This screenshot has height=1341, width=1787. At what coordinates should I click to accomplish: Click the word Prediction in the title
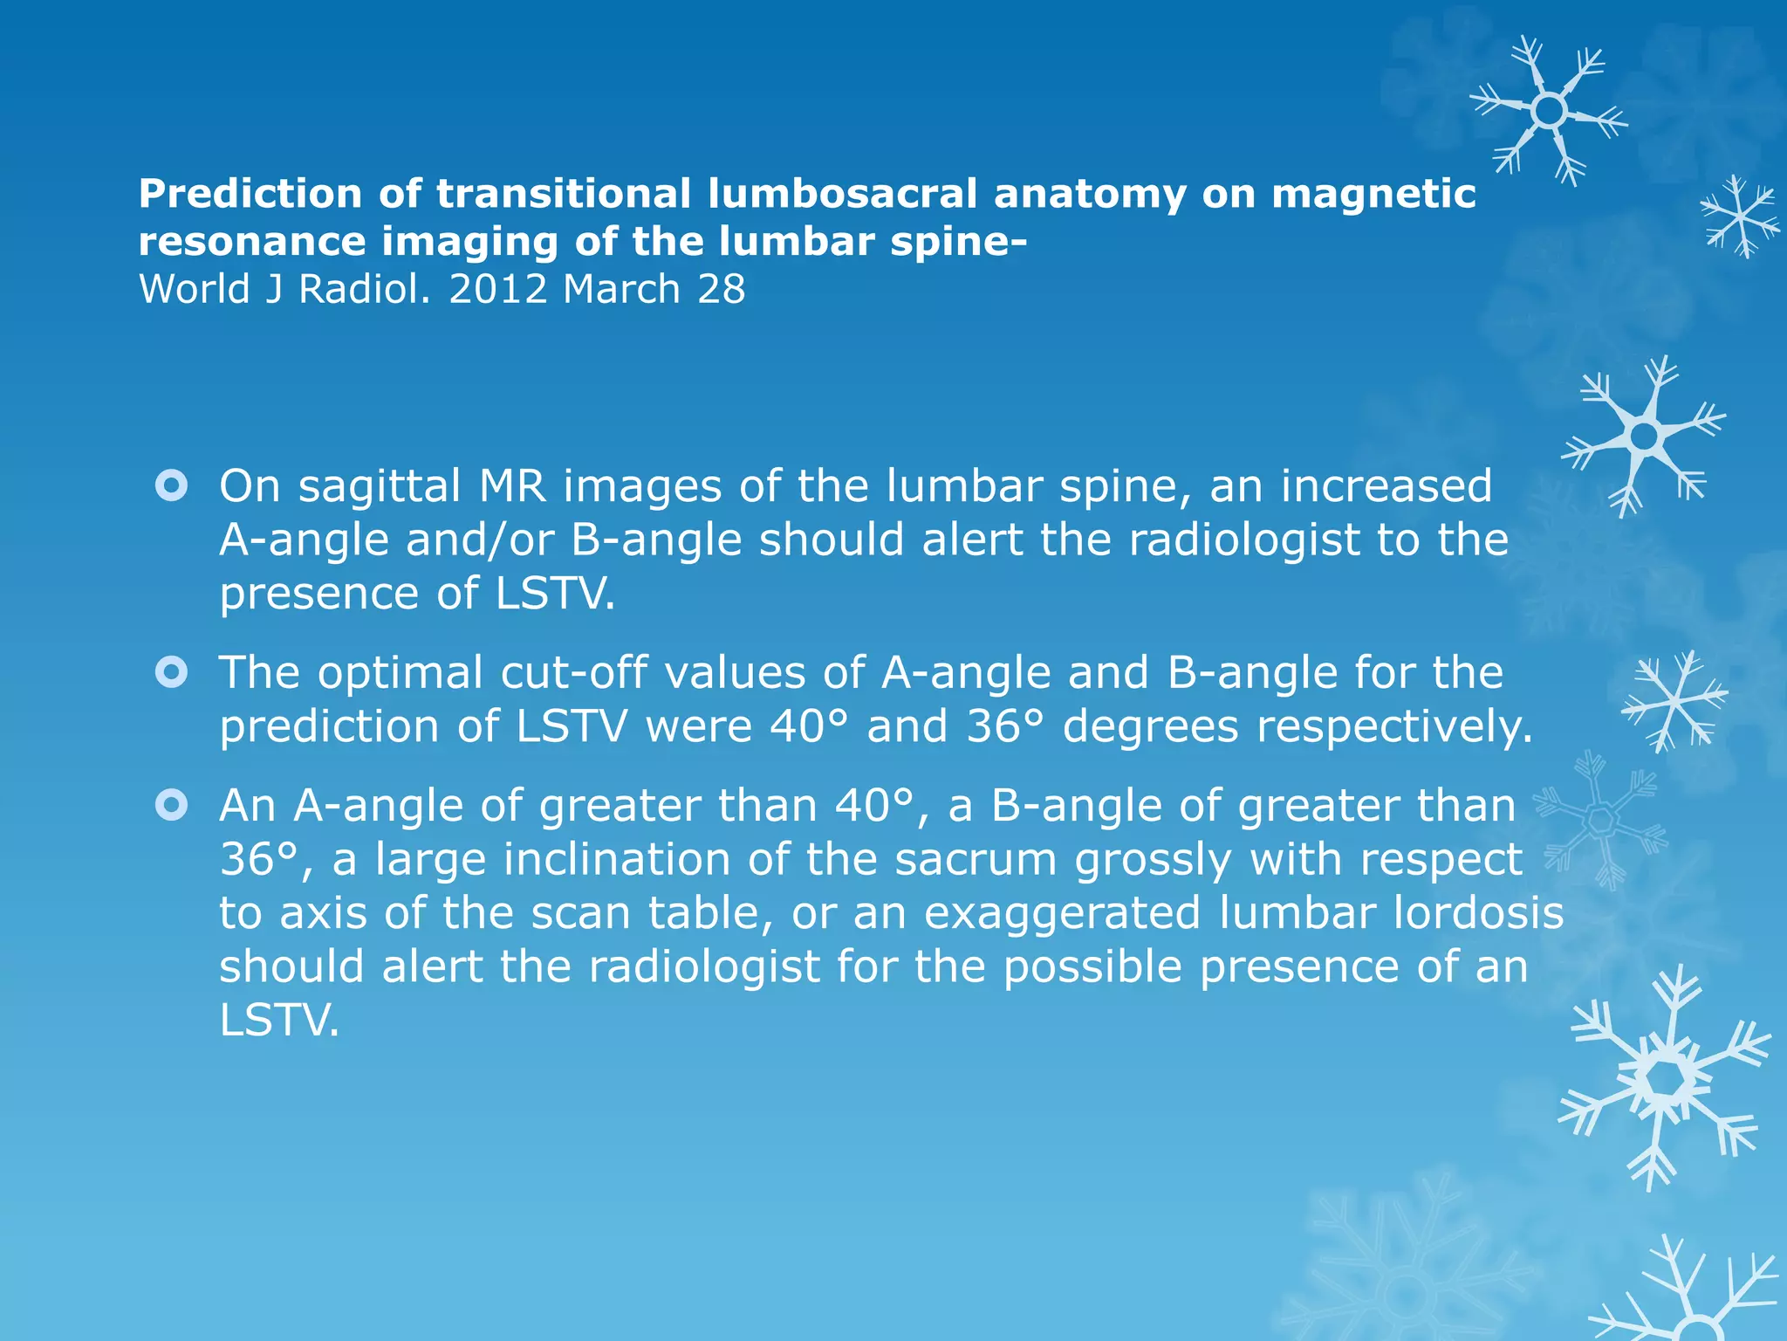point(250,194)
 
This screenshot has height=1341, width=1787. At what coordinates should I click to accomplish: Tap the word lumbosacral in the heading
point(842,194)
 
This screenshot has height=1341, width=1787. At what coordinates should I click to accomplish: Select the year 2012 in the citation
point(497,289)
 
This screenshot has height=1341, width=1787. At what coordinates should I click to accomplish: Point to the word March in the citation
point(621,289)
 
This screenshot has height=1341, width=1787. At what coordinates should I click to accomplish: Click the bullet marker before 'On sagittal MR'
point(171,486)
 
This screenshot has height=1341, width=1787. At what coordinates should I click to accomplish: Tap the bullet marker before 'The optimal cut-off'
point(171,672)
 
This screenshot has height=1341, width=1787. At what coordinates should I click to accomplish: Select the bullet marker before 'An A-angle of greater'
point(171,805)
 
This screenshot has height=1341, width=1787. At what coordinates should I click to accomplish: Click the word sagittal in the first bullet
point(380,486)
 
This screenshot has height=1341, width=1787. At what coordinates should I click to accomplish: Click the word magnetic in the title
point(1373,194)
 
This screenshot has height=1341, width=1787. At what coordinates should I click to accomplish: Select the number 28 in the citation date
point(722,289)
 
